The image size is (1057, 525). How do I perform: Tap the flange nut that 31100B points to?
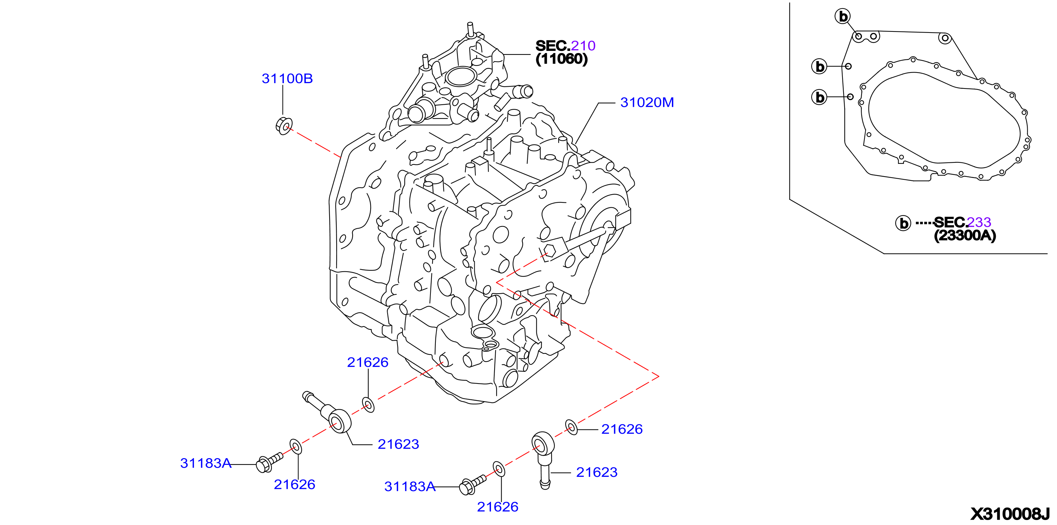284,126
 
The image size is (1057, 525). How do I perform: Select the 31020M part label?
647,103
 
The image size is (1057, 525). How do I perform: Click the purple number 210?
583,46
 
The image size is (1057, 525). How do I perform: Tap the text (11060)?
562,59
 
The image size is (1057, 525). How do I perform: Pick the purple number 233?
979,222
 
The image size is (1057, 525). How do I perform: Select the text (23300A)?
965,235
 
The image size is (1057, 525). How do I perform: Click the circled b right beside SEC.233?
903,223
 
